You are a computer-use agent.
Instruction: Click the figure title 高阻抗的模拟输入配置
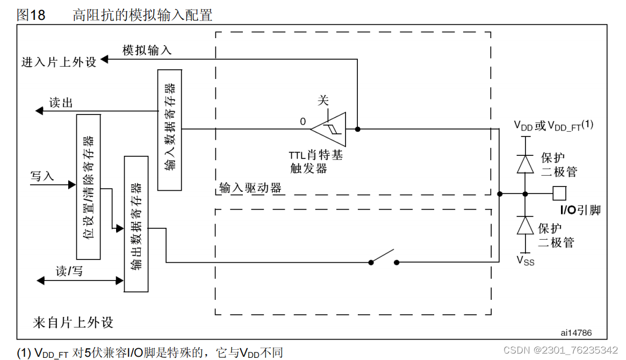tap(142, 15)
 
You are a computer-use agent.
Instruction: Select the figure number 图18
tap(31, 15)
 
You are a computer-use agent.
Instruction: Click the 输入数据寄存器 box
tap(170, 129)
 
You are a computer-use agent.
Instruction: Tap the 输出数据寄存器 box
tap(136, 224)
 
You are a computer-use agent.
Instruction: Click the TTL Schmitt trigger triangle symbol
tap(330, 129)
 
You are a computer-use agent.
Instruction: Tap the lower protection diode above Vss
tap(525, 226)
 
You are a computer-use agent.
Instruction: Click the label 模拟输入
tap(147, 50)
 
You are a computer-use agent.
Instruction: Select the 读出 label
tap(61, 103)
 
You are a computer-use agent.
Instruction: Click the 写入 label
tap(42, 176)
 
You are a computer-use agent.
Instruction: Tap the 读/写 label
tap(69, 271)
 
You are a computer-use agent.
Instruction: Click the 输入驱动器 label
tap(250, 188)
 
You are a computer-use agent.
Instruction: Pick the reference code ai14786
tap(575, 333)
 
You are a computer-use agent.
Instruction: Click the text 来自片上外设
tap(73, 322)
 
